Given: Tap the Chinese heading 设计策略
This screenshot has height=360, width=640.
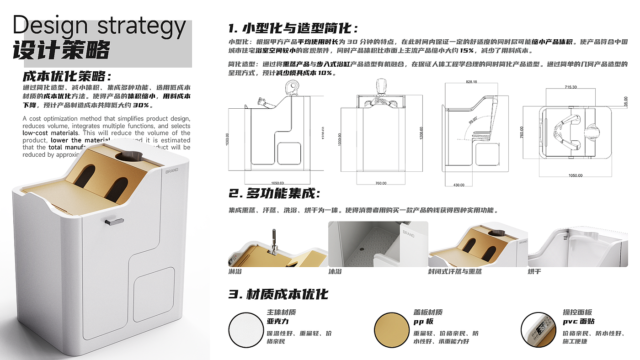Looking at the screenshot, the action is tap(61, 51).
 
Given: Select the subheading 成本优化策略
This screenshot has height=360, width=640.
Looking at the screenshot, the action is tap(67, 76).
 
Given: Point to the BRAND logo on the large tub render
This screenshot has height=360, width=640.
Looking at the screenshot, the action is tap(172, 170).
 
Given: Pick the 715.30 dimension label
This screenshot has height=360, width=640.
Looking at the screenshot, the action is tap(571, 87).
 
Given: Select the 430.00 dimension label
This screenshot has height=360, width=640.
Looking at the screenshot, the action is tap(459, 185).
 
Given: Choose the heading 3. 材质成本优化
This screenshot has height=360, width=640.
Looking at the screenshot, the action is tap(278, 294).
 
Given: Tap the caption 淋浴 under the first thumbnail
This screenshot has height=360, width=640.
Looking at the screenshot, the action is tap(235, 271).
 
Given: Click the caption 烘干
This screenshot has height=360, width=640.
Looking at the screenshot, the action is tap(534, 271).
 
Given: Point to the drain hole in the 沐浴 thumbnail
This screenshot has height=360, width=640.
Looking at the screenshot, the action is tap(362, 249).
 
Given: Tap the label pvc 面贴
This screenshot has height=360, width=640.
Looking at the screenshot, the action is tap(578, 322).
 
